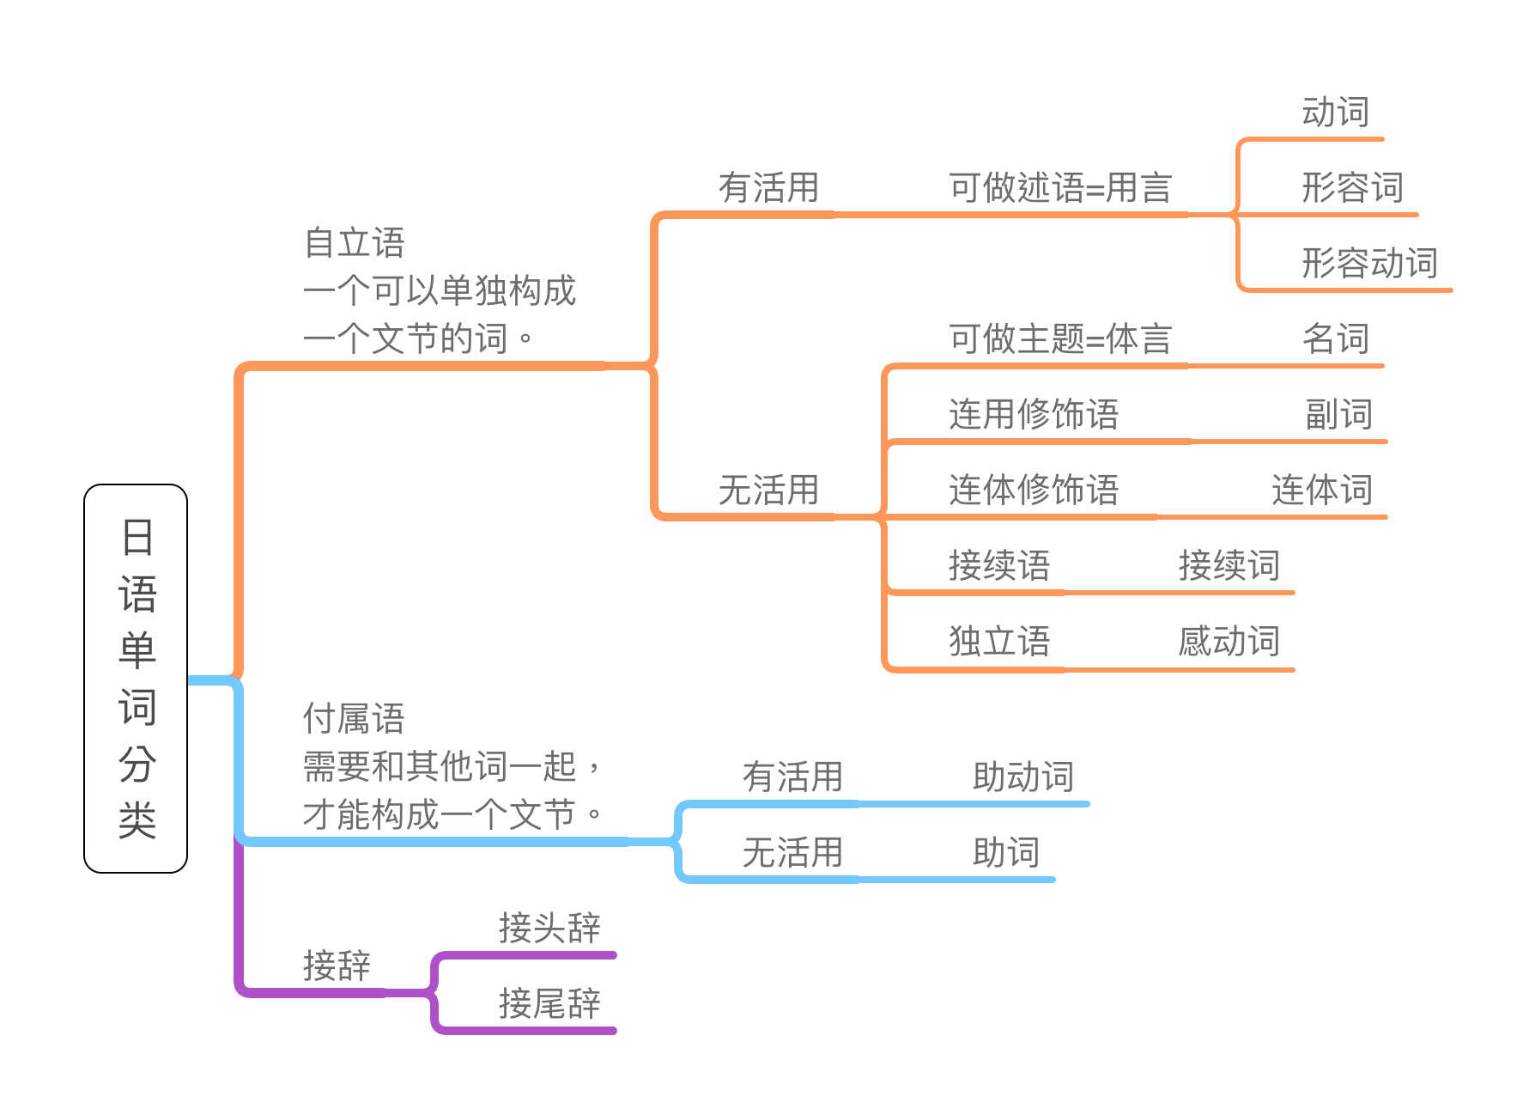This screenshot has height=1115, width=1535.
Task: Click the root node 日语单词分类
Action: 136,678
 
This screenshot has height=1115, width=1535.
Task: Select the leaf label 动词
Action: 1335,113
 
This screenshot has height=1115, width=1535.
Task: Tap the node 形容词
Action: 1352,188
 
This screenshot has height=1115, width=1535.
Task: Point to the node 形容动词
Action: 1369,264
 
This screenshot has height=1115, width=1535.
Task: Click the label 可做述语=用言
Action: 1060,188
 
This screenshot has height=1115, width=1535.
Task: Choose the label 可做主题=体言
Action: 1060,339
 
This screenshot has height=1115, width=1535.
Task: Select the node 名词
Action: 1335,339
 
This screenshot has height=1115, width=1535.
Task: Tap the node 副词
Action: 1338,415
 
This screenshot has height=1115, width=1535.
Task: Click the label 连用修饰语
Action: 1034,415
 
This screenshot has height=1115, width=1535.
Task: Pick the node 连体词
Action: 1321,490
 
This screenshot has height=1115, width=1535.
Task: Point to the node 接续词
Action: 1229,566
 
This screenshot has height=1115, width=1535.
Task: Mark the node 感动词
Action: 1229,642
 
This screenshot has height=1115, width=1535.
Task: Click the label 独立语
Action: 999,642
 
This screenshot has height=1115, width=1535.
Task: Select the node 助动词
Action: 1023,777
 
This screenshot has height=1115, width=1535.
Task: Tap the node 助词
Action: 1006,853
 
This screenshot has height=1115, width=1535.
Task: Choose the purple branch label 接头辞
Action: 549,929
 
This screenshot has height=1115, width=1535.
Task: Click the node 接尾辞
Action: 549,1004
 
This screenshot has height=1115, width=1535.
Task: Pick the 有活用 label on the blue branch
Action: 792,777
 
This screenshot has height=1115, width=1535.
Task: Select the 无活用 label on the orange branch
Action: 768,490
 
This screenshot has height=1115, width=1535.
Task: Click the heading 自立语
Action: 355,243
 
